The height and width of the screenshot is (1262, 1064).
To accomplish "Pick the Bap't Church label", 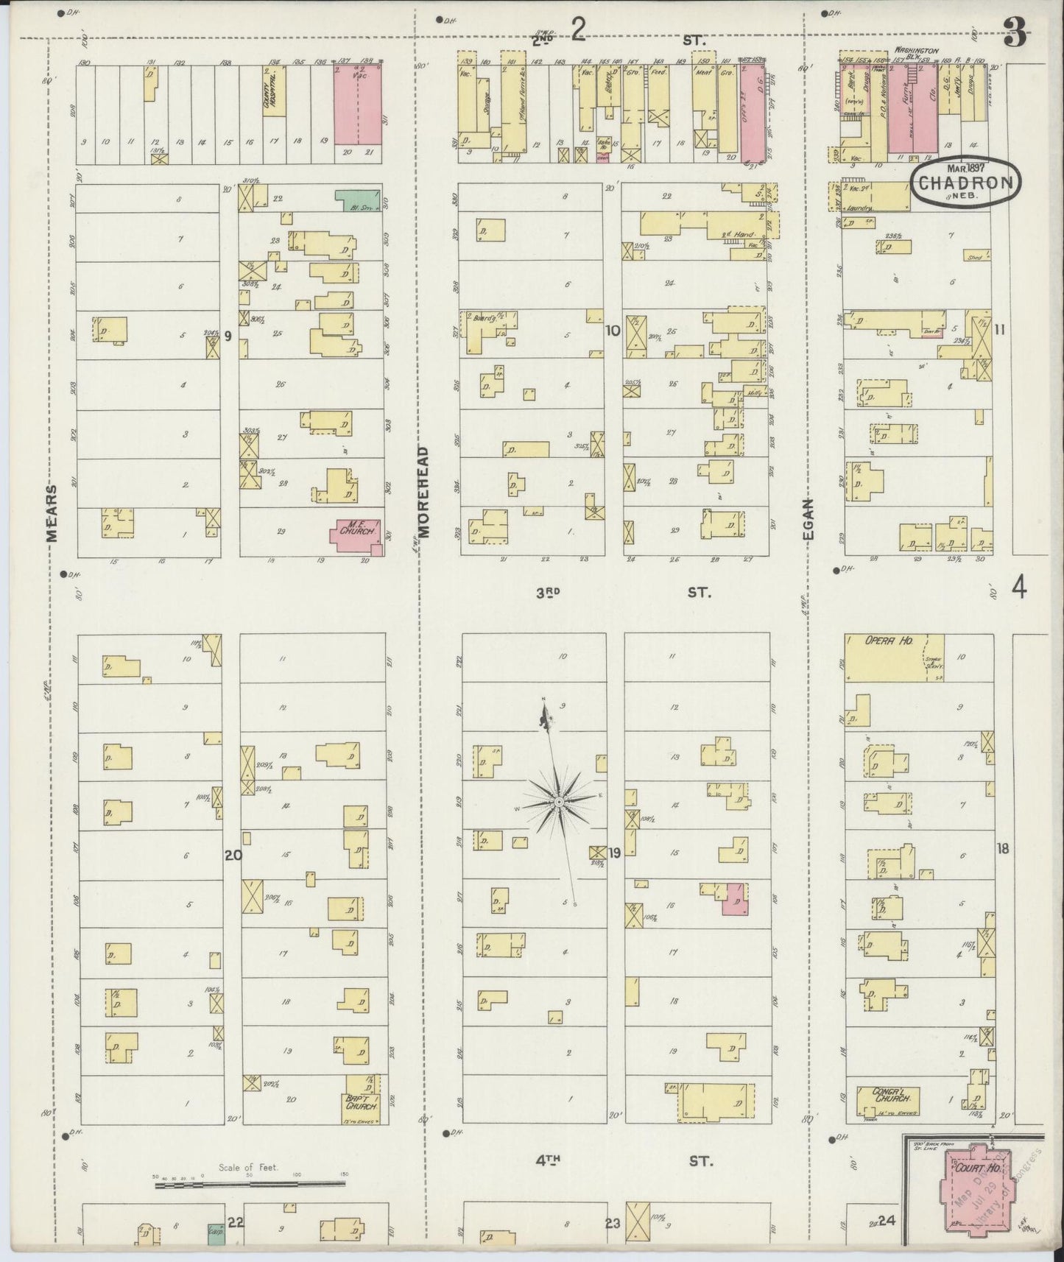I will tap(361, 1101).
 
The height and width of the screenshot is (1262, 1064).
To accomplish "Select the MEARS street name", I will tap(52, 512).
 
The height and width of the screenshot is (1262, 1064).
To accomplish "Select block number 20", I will tap(233, 855).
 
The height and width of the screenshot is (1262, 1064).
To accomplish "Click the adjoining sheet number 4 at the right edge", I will tap(1019, 588).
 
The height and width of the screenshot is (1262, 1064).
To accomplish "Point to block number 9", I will tap(228, 336).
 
